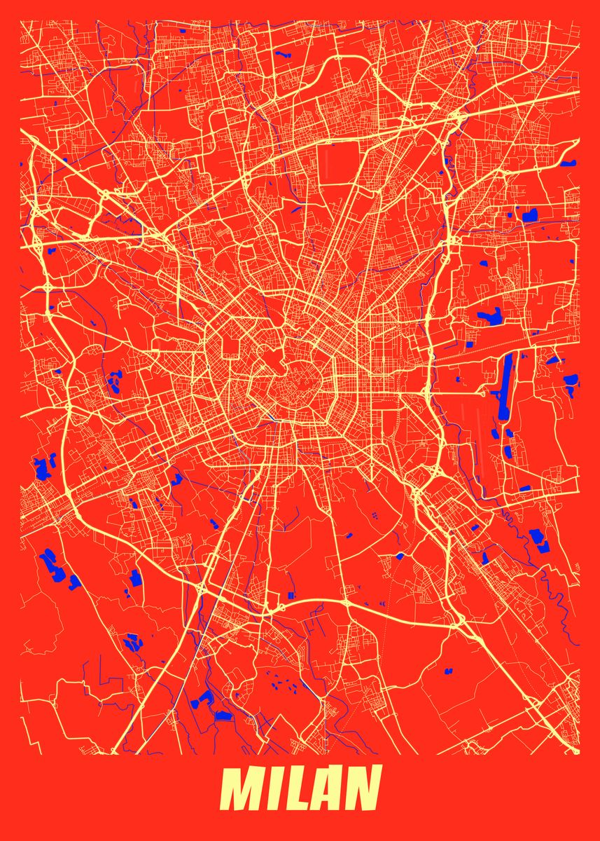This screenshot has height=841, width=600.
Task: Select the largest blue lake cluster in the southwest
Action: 52,565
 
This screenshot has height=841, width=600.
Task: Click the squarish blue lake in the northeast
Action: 529,215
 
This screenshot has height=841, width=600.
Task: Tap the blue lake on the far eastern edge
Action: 571,381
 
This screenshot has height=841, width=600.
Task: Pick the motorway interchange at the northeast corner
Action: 455,116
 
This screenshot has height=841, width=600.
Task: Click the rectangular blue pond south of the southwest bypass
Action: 223,716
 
